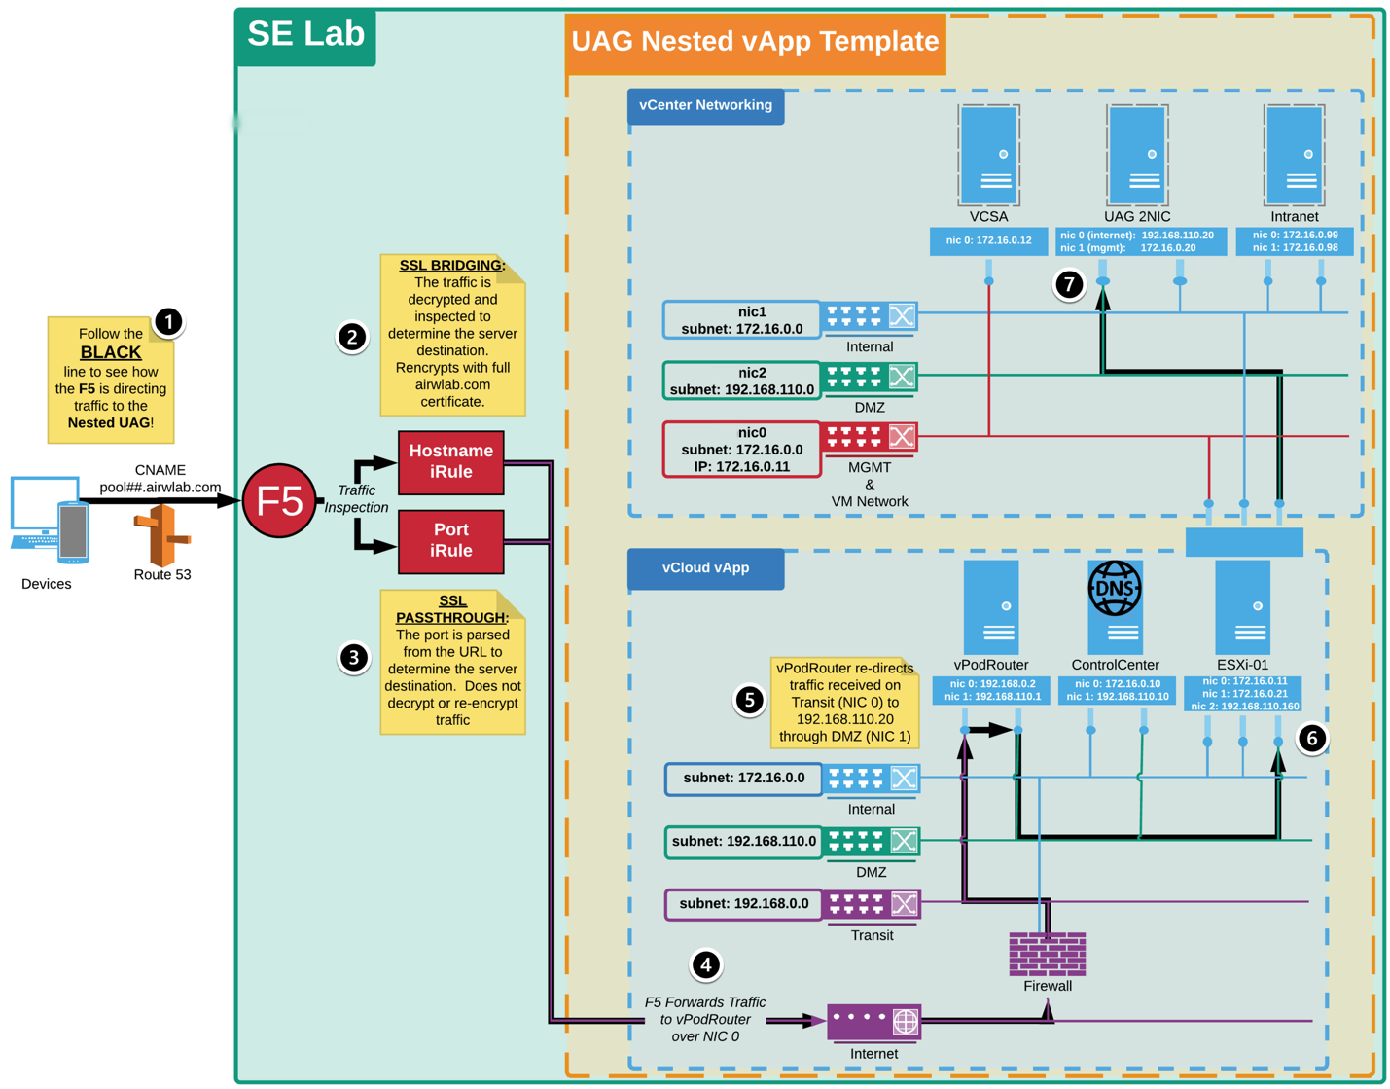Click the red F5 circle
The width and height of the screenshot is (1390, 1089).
279,500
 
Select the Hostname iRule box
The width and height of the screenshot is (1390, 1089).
450,462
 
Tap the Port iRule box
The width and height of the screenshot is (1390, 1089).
450,541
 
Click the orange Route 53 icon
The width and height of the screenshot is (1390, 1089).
161,534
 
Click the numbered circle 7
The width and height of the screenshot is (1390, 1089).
1069,284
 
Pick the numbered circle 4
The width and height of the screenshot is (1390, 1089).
705,964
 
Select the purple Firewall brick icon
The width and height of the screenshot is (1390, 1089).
1047,953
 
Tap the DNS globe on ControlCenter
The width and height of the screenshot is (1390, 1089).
1114,588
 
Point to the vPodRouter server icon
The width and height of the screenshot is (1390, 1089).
990,607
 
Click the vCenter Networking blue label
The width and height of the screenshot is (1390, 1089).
705,105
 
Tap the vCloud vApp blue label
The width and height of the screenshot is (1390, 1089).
705,568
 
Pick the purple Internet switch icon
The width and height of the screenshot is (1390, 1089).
873,1022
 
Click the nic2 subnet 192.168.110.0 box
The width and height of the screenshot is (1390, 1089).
741,381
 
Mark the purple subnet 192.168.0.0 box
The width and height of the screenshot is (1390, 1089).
743,904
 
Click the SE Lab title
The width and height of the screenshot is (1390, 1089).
305,35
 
